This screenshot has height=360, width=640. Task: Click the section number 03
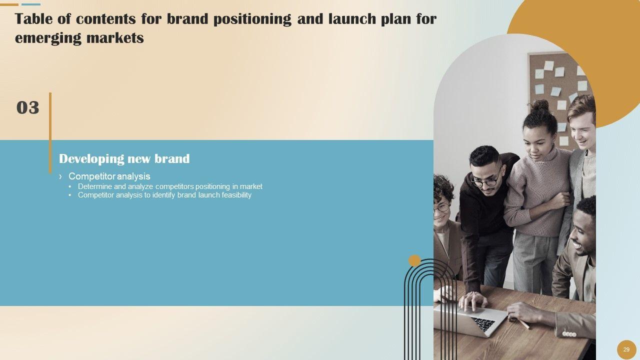[x=27, y=107]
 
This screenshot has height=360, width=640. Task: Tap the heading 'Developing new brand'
[x=124, y=159]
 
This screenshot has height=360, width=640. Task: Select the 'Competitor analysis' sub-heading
[x=109, y=176]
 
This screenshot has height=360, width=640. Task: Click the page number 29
[x=626, y=349]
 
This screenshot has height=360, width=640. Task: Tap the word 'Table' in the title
[x=33, y=19]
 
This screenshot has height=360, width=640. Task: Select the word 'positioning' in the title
[x=252, y=19]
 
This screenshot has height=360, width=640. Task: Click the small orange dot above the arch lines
[x=414, y=260]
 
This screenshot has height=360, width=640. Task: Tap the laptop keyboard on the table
[x=483, y=324]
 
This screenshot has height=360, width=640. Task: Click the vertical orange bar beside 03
[x=50, y=133]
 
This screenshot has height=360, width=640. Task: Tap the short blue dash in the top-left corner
[x=31, y=4]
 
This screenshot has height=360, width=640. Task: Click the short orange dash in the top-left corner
[x=9, y=4]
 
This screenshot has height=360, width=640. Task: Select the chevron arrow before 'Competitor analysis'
[x=60, y=176]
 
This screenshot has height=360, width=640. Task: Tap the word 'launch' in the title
[x=352, y=19]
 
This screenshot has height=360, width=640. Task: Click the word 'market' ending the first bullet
[x=251, y=186]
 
